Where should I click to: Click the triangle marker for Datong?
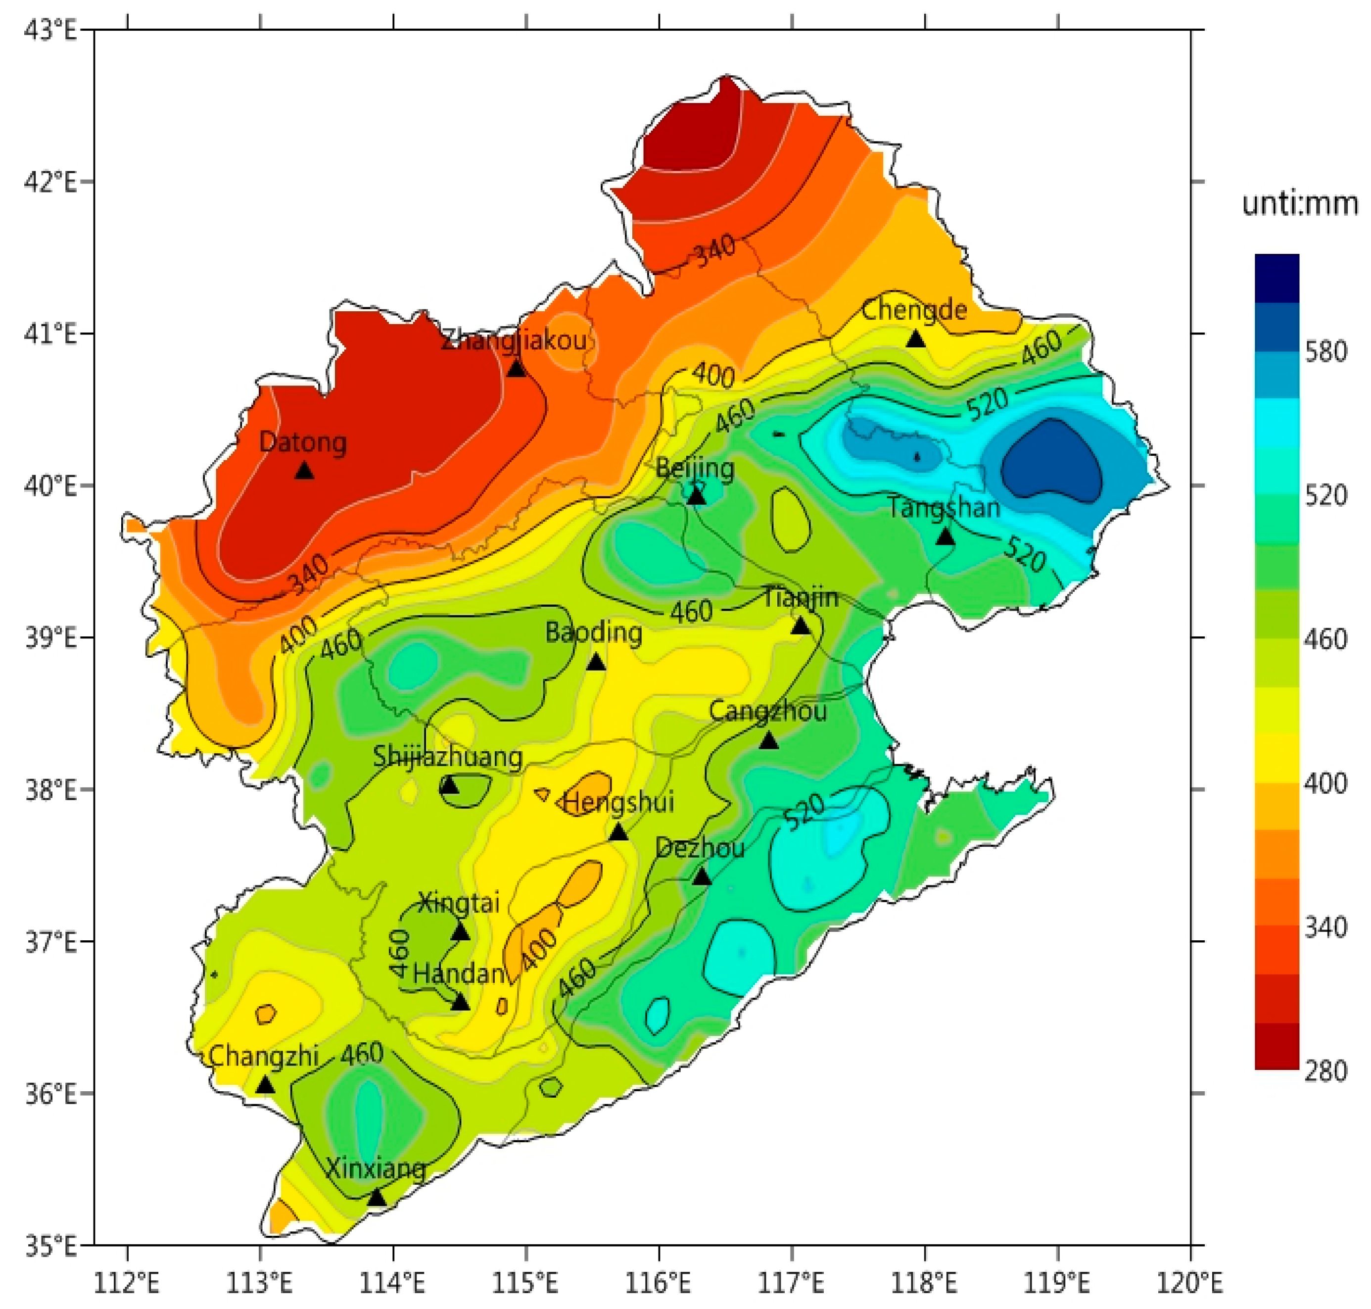pyautogui.click(x=304, y=471)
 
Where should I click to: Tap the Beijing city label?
pyautogui.click(x=695, y=468)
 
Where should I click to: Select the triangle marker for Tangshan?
pyautogui.click(x=945, y=536)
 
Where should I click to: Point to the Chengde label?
pyautogui.click(x=914, y=310)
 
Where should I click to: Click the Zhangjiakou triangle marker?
pyautogui.click(x=517, y=368)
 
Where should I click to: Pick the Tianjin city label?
pyautogui.click(x=800, y=597)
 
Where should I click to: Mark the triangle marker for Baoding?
pyautogui.click(x=596, y=662)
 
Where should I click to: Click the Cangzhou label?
pyautogui.click(x=768, y=711)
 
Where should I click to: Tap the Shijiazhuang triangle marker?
pyautogui.click(x=449, y=786)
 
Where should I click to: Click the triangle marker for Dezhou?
pyautogui.click(x=702, y=877)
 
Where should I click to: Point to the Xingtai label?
pyautogui.click(x=459, y=903)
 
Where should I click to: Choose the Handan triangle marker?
pyautogui.click(x=460, y=1003)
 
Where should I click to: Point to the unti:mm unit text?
pyautogui.click(x=1300, y=204)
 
